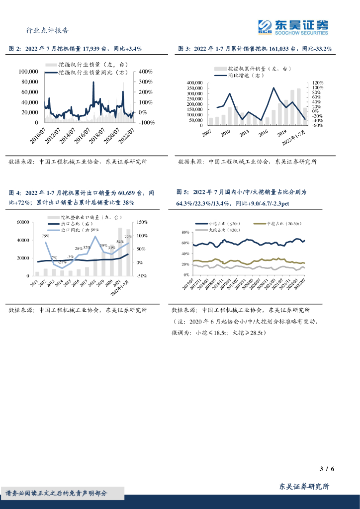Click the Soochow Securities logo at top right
[293, 27]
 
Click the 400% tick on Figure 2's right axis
[145, 72]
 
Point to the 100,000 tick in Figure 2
[29, 72]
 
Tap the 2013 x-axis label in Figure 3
[243, 133]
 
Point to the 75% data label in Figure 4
[45, 236]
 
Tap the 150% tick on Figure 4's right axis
[141, 222]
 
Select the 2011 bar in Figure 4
[37, 273]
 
